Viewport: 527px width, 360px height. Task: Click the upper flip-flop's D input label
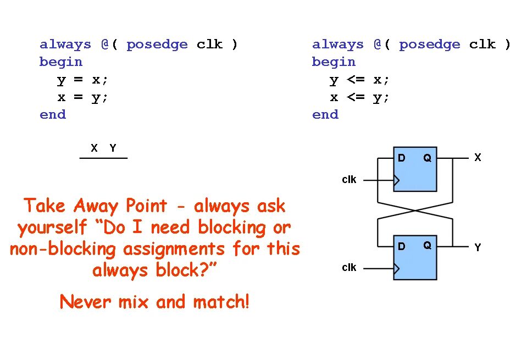pos(402,158)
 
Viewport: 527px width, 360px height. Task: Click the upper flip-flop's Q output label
pos(427,158)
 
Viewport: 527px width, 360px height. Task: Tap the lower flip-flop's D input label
pos(402,246)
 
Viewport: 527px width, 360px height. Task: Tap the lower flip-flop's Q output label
pos(427,246)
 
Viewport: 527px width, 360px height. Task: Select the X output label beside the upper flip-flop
pos(478,158)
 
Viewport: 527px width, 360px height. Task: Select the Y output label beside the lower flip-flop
pos(478,247)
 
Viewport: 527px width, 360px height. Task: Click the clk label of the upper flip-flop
pos(349,180)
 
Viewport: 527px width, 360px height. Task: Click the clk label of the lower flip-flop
pos(349,268)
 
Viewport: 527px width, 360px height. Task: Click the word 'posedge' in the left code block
pos(157,45)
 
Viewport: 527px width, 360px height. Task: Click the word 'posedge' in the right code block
pos(429,45)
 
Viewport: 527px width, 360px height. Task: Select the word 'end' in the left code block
pos(53,115)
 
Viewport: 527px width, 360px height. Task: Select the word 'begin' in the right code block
pos(334,62)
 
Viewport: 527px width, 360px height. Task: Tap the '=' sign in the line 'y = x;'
pos(78,80)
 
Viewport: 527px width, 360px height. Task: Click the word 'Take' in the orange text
pos(42,206)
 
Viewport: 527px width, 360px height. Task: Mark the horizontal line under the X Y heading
pos(103,158)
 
